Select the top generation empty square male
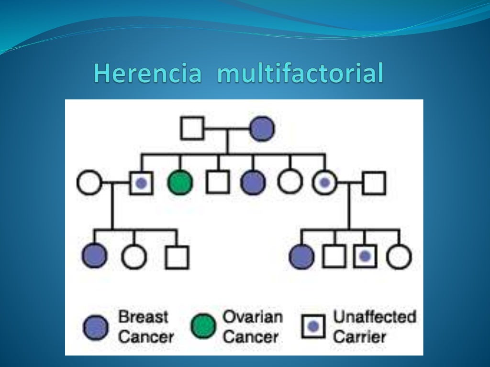click(192, 129)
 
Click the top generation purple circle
click(262, 129)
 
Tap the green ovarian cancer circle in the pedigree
click(180, 183)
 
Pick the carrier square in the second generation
click(141, 183)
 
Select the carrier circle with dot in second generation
click(324, 183)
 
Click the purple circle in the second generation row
click(253, 183)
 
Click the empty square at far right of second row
click(374, 183)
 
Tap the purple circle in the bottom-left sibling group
click(94, 256)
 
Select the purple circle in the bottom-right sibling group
click(302, 257)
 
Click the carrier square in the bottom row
click(365, 257)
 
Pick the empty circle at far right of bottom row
click(399, 257)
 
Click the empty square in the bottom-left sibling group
click(177, 257)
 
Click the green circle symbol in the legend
click(203, 327)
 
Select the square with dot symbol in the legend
click(313, 327)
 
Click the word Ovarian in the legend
click(253, 317)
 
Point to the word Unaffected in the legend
click(374, 317)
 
